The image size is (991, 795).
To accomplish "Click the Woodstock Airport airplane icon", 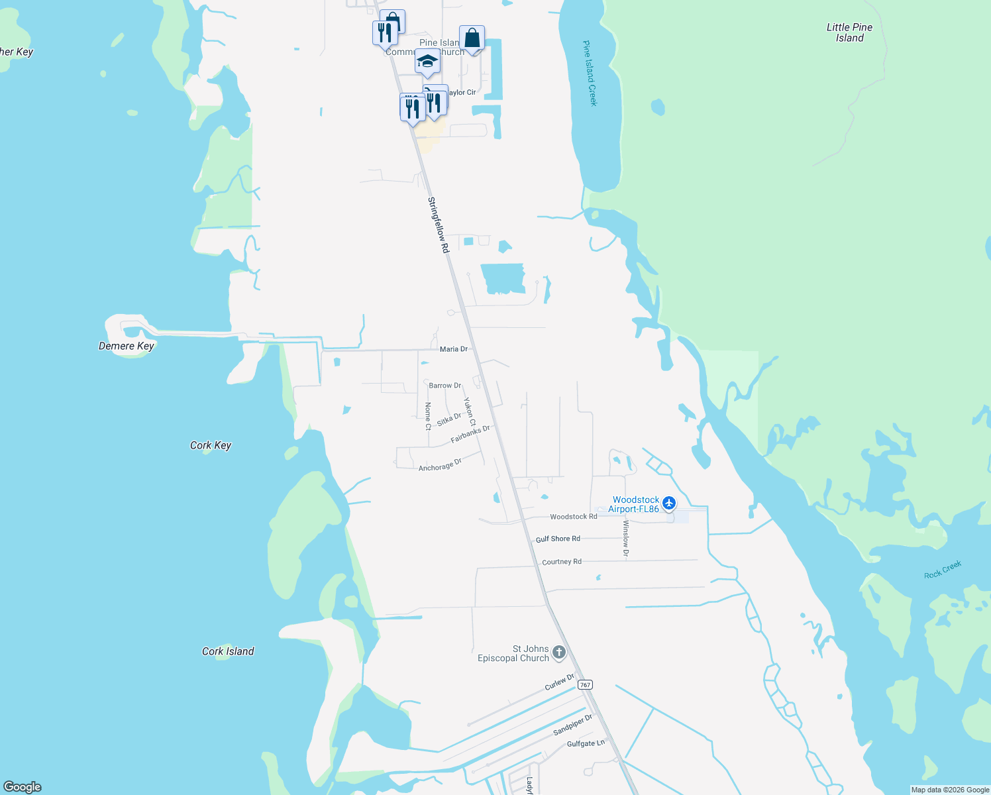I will point(669,503).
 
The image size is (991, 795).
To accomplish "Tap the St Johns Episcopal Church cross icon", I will point(559,653).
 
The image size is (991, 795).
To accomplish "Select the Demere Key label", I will point(126,346).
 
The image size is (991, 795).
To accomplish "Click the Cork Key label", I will point(211,445).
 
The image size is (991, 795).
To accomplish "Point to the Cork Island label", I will point(228,651).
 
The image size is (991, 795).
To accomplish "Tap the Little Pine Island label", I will point(849,32).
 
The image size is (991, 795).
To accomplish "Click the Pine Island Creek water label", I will point(590,73).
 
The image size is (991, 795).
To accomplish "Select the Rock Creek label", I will point(943,570).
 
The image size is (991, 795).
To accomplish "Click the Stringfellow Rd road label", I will point(439,225).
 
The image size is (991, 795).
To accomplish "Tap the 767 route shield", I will point(584,684).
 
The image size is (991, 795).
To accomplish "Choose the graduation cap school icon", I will point(427,62).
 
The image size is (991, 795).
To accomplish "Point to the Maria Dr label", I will point(454,349).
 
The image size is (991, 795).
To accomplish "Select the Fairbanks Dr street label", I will point(470,434).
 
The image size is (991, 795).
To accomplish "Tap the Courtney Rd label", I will point(562,562).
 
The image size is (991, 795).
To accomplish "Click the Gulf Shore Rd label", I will point(558,539).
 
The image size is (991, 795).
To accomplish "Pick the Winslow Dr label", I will point(625,538).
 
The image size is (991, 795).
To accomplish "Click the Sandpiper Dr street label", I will point(573,725).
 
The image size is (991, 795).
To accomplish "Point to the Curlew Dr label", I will point(560,682).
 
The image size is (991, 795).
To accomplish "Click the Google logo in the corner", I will point(23,786).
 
